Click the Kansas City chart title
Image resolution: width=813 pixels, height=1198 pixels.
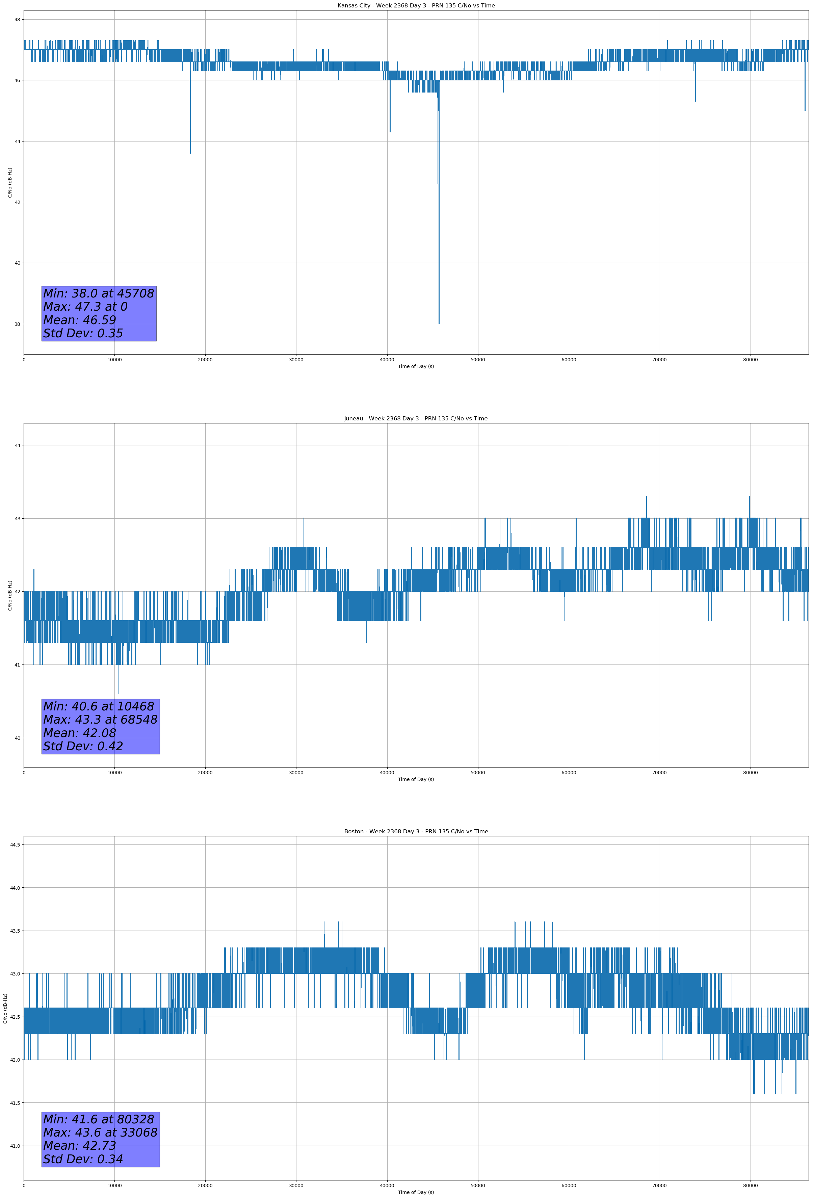tap(416, 6)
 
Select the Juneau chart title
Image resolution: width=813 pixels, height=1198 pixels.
tap(416, 419)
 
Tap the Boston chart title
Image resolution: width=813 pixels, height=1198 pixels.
tap(416, 832)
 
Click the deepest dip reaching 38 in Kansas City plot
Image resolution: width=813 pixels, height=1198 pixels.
tap(439, 322)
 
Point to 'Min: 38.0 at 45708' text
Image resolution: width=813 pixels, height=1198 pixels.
tap(99, 293)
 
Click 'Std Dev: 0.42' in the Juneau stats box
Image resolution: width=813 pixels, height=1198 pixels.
tap(83, 746)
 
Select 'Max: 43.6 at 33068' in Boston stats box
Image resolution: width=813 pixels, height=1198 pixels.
tap(100, 1132)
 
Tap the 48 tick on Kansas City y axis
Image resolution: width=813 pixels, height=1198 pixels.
tap(17, 20)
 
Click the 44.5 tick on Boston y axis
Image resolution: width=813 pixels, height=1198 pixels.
tap(15, 844)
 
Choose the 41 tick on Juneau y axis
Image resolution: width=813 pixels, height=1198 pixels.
tap(17, 665)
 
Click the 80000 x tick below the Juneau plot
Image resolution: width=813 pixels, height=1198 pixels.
tap(750, 772)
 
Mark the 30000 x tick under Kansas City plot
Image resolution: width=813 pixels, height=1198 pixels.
tap(296, 360)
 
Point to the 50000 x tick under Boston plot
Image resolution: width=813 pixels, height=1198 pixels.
tap(477, 1185)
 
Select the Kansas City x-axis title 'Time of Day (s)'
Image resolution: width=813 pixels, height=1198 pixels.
tap(416, 366)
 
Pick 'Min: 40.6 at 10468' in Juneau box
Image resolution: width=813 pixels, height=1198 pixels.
tap(99, 706)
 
